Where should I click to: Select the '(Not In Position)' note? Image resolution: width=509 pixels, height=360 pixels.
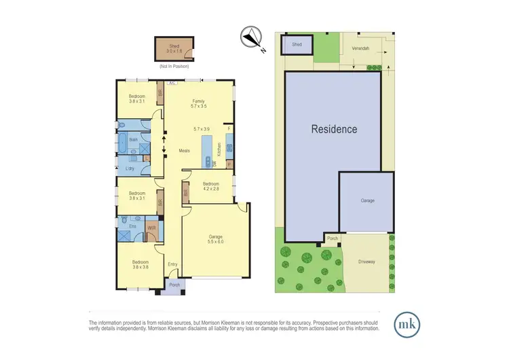[x=174, y=67]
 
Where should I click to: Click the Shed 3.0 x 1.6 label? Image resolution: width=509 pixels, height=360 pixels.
[x=175, y=48]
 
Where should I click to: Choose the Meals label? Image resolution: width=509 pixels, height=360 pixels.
[x=184, y=151]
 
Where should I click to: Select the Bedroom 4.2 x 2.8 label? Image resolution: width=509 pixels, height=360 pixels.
[x=210, y=187]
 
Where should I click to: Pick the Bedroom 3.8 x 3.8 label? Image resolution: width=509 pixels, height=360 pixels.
[x=140, y=264]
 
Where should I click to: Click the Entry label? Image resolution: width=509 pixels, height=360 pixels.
[x=172, y=265]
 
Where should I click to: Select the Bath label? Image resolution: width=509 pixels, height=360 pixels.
[x=134, y=140]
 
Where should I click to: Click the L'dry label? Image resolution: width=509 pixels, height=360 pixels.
[x=129, y=168]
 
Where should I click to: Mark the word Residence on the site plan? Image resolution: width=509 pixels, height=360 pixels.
[x=334, y=128]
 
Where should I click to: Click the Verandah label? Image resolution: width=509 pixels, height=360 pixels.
[x=361, y=49]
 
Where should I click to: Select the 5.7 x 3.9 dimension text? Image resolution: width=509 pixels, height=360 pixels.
[x=202, y=129]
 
